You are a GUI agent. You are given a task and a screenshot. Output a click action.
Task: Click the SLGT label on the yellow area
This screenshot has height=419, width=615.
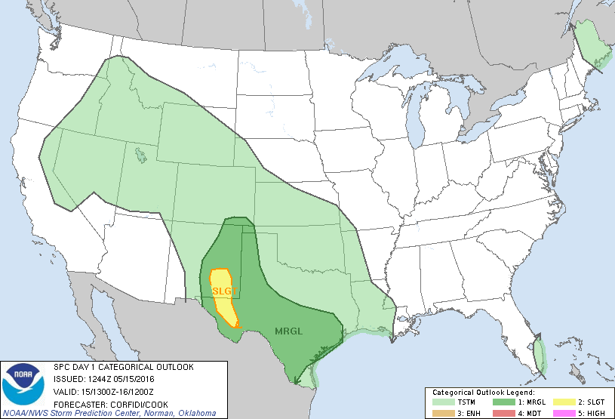[x=223, y=291]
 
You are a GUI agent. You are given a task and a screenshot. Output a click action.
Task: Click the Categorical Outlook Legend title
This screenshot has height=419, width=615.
[x=483, y=393]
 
